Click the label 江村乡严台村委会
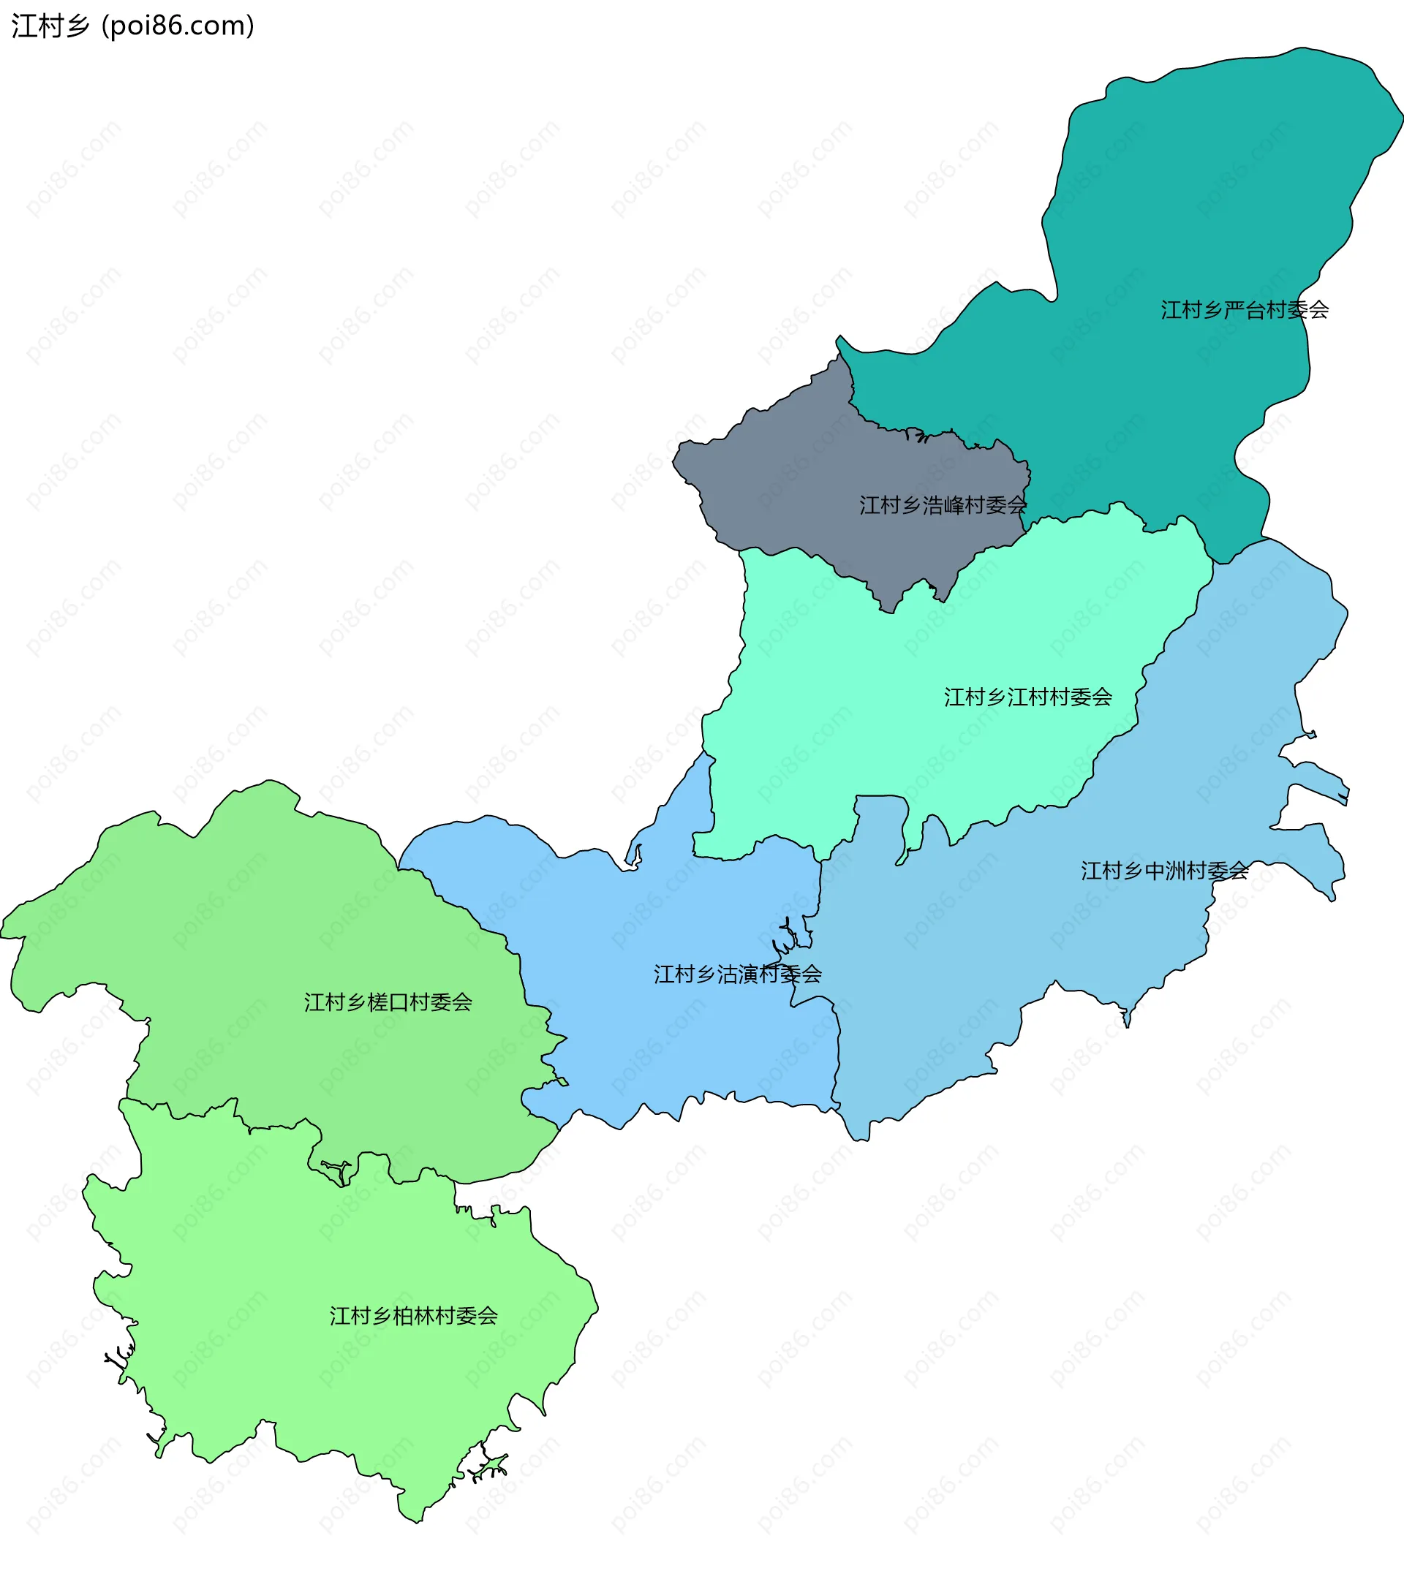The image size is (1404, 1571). (x=1245, y=310)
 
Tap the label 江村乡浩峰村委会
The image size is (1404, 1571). (x=943, y=505)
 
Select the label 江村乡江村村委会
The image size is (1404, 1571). (x=1027, y=697)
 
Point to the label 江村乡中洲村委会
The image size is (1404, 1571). (x=1164, y=871)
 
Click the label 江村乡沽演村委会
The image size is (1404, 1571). (x=738, y=974)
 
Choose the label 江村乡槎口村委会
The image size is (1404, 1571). (x=388, y=1002)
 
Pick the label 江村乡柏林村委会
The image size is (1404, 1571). (x=413, y=1316)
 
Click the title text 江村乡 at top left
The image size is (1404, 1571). (x=51, y=26)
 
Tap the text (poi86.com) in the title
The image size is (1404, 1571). (x=178, y=26)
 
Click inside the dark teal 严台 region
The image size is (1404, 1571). (x=1204, y=193)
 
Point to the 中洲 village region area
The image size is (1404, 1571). (x=1003, y=964)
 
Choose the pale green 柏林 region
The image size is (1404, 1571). (x=309, y=1349)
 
